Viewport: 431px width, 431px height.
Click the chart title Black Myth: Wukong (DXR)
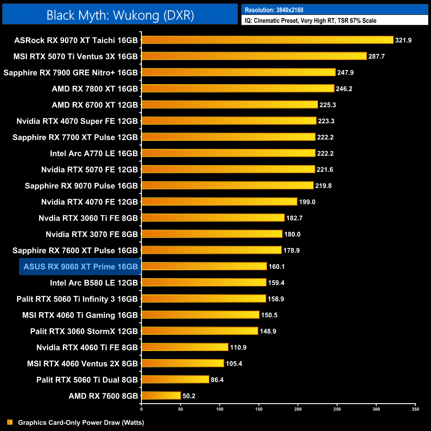pyautogui.click(x=120, y=15)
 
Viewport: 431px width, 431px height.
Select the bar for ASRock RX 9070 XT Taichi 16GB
pyautogui.click(x=267, y=40)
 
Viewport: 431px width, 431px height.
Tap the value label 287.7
pyautogui.click(x=376, y=56)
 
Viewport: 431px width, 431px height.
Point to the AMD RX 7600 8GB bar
pyautogui.click(x=161, y=396)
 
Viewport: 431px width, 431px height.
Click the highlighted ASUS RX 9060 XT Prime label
pyautogui.click(x=81, y=267)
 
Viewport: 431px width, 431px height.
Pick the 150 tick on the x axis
pyautogui.click(x=259, y=409)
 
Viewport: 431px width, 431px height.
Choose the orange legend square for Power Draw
pyautogui.click(x=10, y=422)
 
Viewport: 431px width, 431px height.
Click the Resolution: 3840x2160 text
pyautogui.click(x=274, y=10)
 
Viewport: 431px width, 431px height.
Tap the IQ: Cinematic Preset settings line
pyautogui.click(x=310, y=21)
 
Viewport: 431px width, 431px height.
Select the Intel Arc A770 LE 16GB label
pyautogui.click(x=94, y=154)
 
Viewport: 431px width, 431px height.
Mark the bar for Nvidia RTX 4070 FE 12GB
pyautogui.click(x=219, y=202)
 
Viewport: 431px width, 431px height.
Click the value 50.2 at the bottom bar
pyautogui.click(x=189, y=396)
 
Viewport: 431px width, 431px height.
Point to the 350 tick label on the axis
pyautogui.click(x=415, y=409)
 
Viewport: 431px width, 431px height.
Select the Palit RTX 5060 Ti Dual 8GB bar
pyautogui.click(x=175, y=379)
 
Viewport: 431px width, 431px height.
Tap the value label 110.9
pyautogui.click(x=238, y=347)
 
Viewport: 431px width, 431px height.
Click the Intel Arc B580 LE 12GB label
pyautogui.click(x=94, y=283)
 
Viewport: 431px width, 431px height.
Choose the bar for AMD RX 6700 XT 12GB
pyautogui.click(x=230, y=105)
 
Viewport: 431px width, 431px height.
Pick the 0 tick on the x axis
pyautogui.click(x=142, y=409)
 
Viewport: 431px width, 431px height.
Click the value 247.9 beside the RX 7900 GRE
pyautogui.click(x=345, y=73)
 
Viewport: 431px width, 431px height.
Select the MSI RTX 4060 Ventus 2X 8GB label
pyautogui.click(x=82, y=364)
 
